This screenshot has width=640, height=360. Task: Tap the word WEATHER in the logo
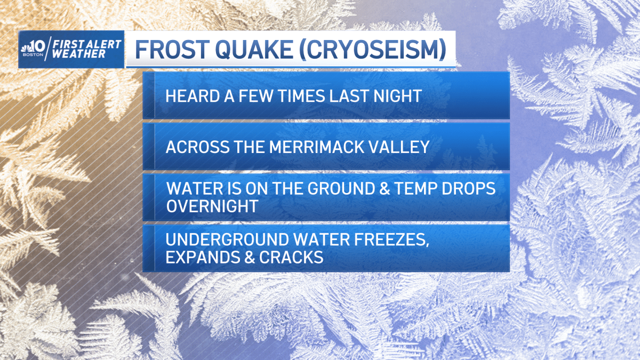point(75,55)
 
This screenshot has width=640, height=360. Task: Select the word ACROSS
point(194,147)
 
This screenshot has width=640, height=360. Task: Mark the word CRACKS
point(292,257)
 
